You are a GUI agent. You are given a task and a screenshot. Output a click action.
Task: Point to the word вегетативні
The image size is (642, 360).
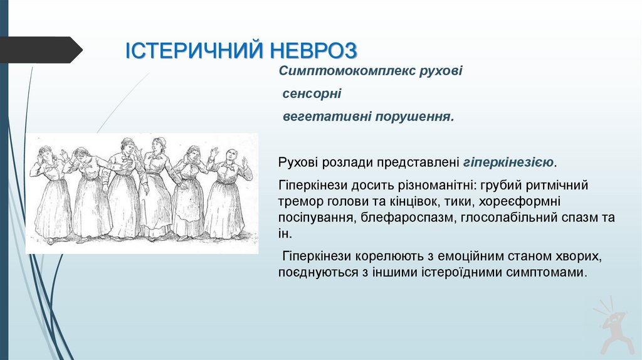pyautogui.click(x=317, y=117)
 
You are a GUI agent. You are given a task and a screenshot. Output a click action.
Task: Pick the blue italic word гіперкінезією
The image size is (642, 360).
pyautogui.click(x=508, y=162)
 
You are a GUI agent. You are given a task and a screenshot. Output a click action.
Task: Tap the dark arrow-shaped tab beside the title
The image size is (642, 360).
pyautogui.click(x=41, y=50)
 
